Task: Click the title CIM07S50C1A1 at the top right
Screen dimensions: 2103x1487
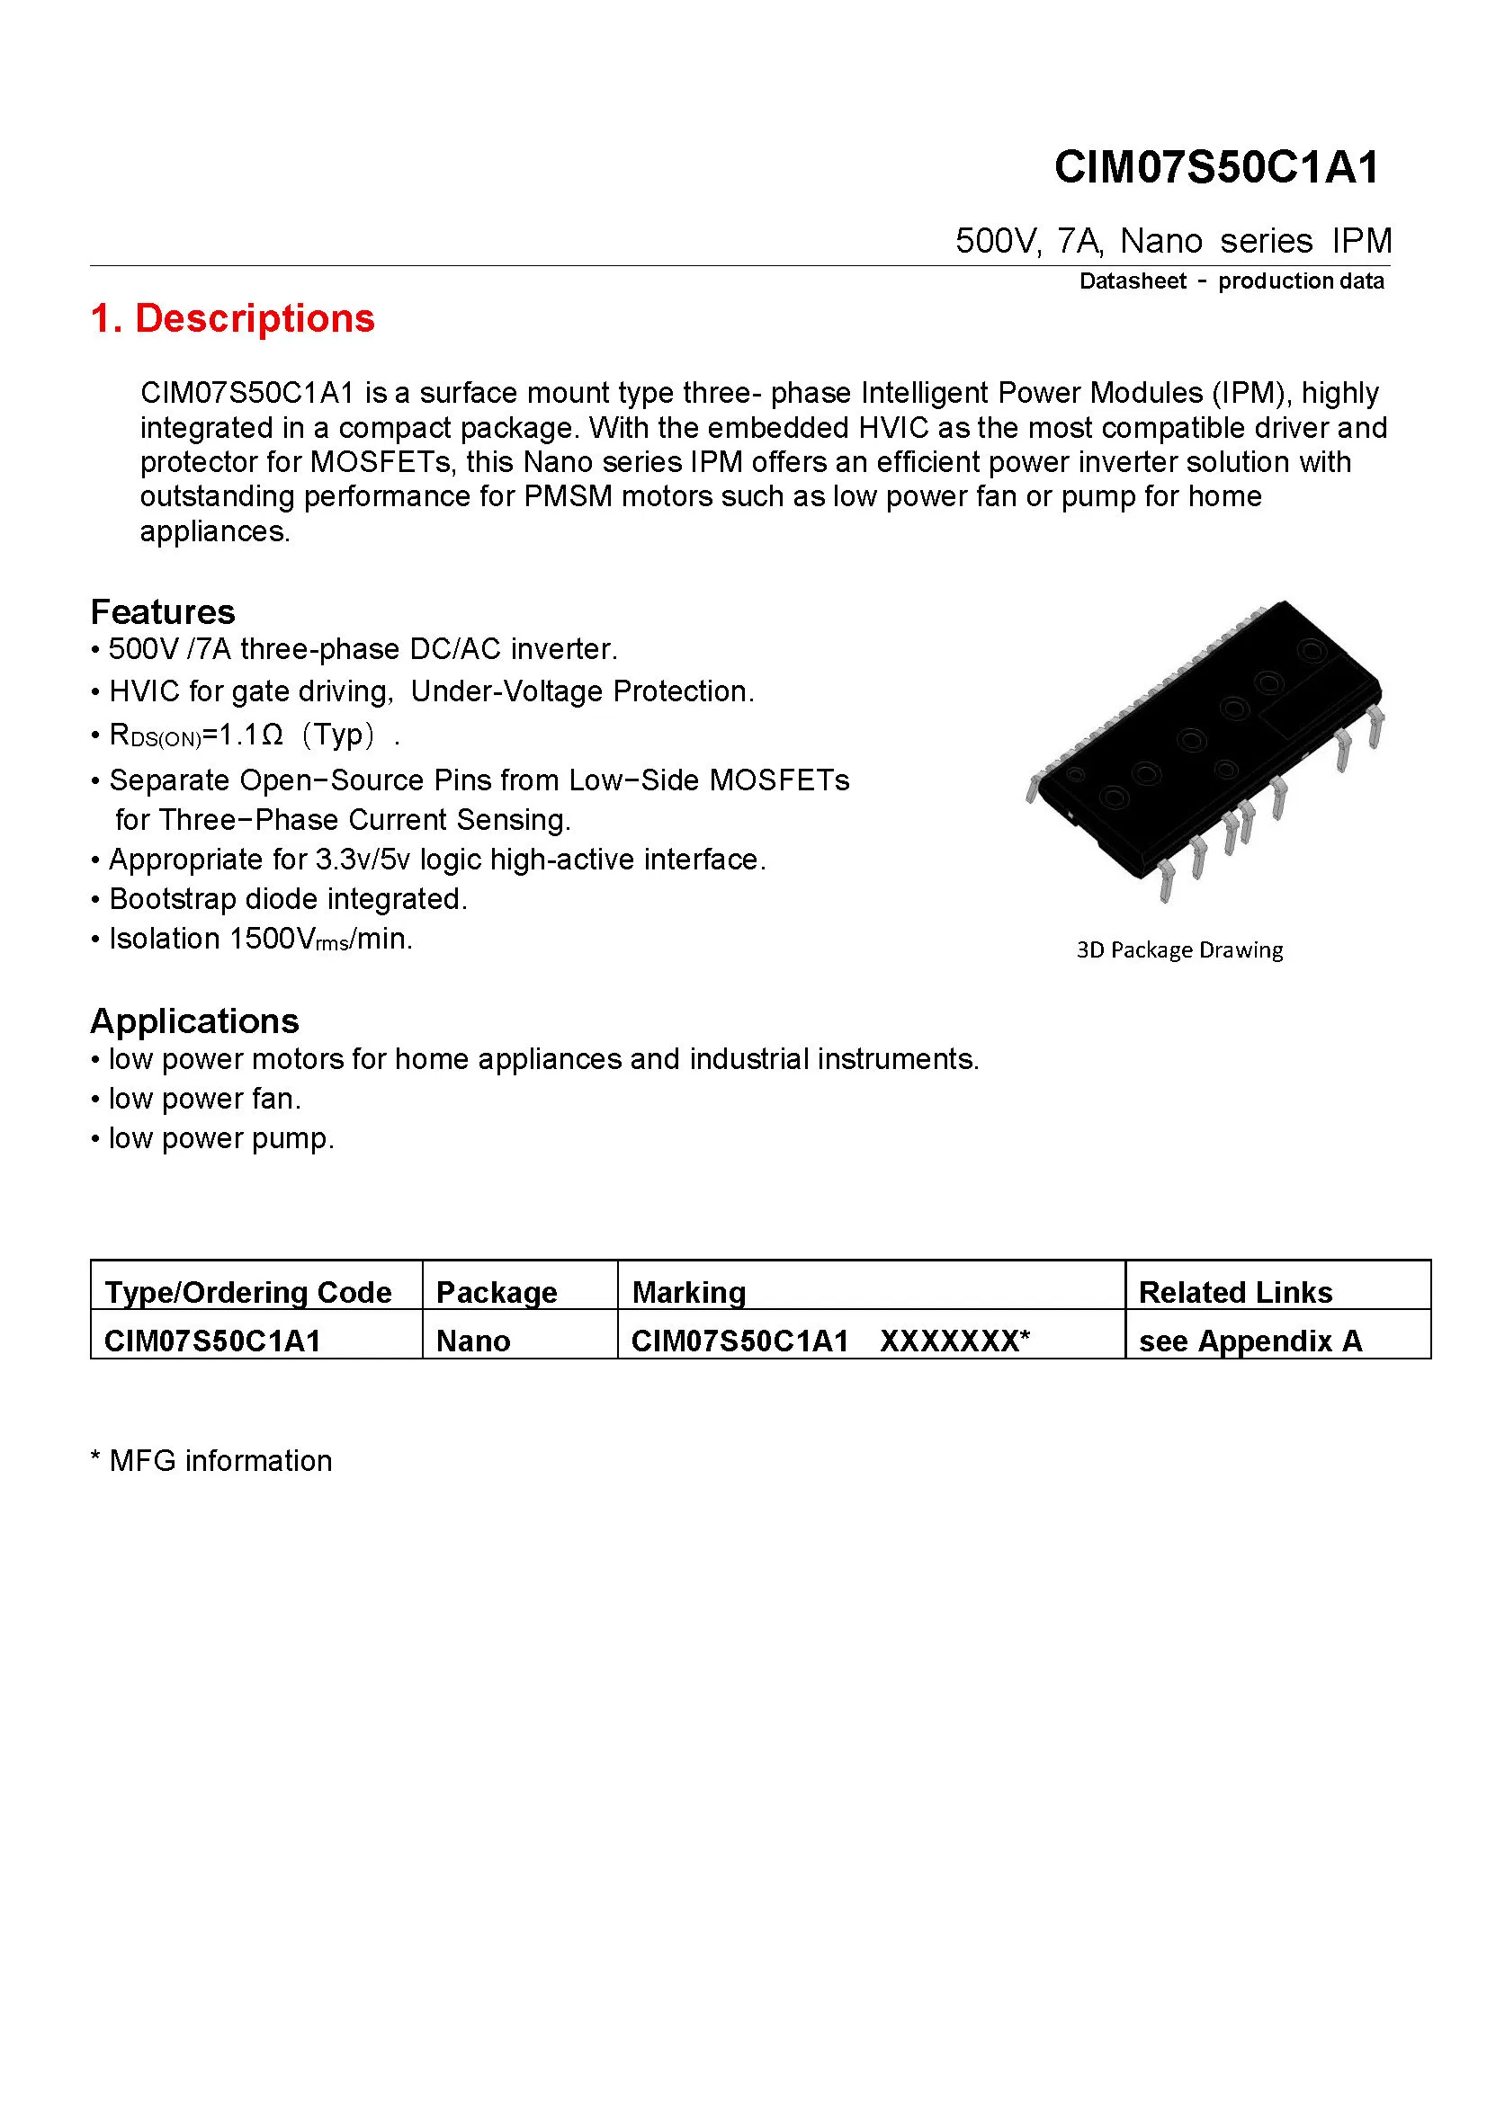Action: pyautogui.click(x=1216, y=167)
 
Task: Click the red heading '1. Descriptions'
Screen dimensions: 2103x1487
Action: pyautogui.click(x=233, y=319)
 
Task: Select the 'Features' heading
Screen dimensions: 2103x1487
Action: pyautogui.click(x=162, y=612)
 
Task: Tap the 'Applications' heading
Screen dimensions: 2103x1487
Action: pyautogui.click(x=194, y=1020)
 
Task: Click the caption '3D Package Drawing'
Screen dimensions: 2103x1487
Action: pyautogui.click(x=1179, y=949)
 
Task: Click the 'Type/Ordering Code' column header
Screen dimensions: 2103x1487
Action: pyautogui.click(x=247, y=1291)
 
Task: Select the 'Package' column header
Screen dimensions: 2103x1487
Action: pyautogui.click(x=496, y=1291)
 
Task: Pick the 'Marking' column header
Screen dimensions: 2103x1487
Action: pyautogui.click(x=688, y=1291)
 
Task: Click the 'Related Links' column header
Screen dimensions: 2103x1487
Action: pyautogui.click(x=1234, y=1291)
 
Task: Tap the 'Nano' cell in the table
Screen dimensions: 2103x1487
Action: pyautogui.click(x=473, y=1341)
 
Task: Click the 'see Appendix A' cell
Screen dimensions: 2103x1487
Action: pyautogui.click(x=1250, y=1341)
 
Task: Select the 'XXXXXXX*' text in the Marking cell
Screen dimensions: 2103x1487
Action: pyautogui.click(x=954, y=1341)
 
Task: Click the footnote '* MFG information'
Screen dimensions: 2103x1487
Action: pyautogui.click(x=211, y=1460)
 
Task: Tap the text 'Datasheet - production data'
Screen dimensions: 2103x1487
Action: pyautogui.click(x=1231, y=281)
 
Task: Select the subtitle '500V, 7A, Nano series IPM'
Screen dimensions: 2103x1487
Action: pyautogui.click(x=1173, y=241)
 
